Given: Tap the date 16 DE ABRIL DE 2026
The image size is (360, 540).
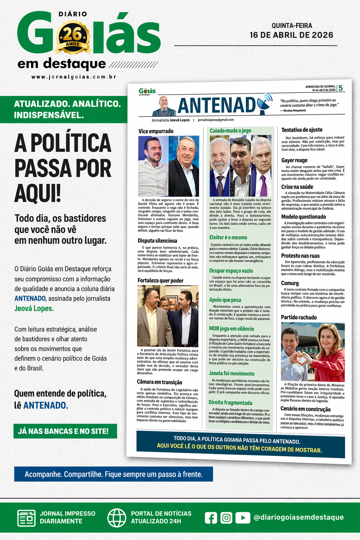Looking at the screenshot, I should click(x=291, y=35).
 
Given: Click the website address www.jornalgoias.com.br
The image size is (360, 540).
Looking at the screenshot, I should click(x=74, y=77).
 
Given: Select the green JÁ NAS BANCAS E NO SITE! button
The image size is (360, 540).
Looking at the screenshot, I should click(x=65, y=431).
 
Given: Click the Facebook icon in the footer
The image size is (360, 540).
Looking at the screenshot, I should click(x=211, y=517).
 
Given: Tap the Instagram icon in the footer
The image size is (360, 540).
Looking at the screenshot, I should click(x=226, y=517).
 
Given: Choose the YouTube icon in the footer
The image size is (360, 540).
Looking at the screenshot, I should click(x=243, y=517).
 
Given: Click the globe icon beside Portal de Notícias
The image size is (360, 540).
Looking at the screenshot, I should click(x=117, y=517).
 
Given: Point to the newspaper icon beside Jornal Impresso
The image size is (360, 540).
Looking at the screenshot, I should click(x=26, y=518).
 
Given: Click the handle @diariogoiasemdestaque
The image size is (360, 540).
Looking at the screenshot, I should click(x=298, y=517).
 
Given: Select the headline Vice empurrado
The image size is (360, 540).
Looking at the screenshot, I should click(x=156, y=131).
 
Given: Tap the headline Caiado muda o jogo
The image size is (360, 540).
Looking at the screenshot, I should click(x=230, y=130).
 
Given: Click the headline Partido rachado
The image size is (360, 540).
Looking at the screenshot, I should click(x=299, y=317).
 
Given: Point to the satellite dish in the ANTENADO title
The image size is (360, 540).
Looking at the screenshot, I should click(x=264, y=103).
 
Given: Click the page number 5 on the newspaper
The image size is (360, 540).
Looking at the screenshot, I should click(x=340, y=88).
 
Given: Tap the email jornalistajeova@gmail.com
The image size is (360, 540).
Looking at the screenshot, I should click(x=216, y=120).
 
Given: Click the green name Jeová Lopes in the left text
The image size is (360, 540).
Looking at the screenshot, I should click(x=34, y=308).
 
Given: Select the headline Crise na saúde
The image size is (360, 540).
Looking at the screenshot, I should click(x=297, y=187).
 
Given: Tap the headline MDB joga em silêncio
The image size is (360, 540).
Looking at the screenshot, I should click(x=231, y=329).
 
